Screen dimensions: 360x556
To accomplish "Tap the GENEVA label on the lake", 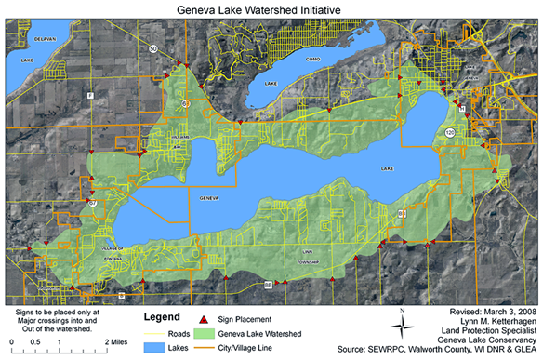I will tap(209, 198).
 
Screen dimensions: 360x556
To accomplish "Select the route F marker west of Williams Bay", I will tap(90, 97).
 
